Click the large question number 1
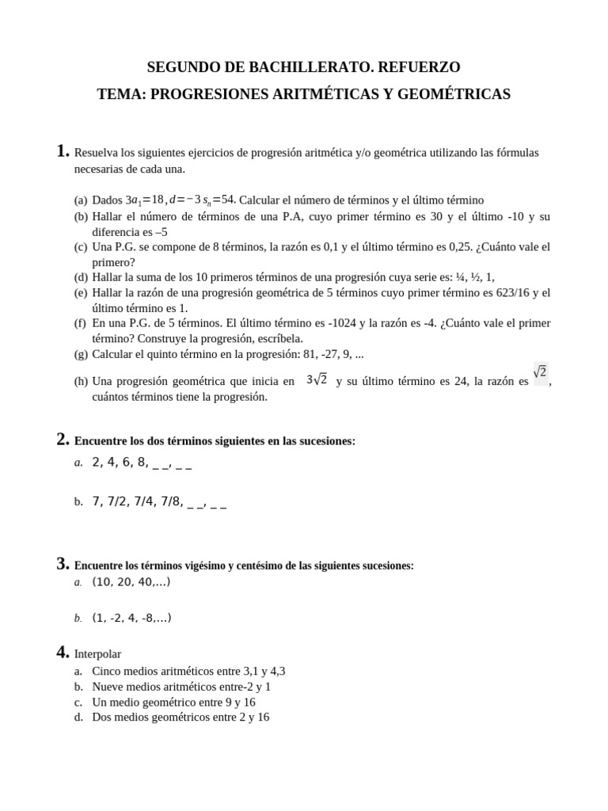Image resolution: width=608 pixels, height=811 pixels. tap(63, 150)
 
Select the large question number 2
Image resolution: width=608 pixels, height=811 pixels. tap(63, 439)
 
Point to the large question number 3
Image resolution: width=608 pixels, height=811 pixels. tap(63, 564)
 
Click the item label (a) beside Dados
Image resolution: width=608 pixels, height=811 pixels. tap(81, 200)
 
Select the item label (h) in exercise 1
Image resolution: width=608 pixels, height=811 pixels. tap(81, 382)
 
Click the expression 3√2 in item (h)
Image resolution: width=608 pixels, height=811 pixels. tap(317, 380)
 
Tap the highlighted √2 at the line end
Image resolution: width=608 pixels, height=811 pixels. tap(541, 372)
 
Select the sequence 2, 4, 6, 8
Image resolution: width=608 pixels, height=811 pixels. tap(120, 463)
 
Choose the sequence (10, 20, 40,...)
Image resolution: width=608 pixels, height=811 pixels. tap(131, 582)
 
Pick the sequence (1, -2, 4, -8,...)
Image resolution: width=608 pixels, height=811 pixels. tap(131, 618)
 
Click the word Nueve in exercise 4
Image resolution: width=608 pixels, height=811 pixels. tap(108, 687)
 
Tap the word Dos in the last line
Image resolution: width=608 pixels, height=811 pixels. tap(101, 717)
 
